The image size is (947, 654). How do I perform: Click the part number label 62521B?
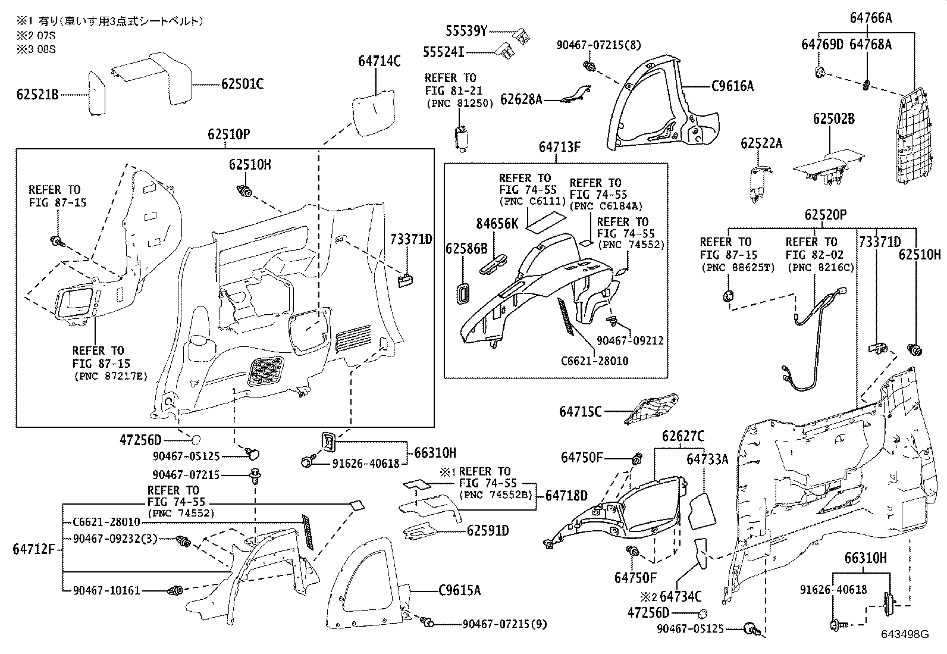coord(37,94)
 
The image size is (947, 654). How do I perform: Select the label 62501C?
coord(242,84)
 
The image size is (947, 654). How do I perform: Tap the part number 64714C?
coord(379,61)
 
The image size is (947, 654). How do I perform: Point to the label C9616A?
coord(732,86)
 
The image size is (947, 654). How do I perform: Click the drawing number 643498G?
coord(905,634)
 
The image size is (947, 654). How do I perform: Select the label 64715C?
coord(580,411)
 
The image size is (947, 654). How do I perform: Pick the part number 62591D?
coord(487,530)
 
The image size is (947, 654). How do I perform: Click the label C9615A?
coord(459,590)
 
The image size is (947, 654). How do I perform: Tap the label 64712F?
coord(33,549)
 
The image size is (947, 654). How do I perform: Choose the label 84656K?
coord(497,223)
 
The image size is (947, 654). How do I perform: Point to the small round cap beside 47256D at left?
coord(195,440)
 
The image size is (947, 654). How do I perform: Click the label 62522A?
coord(761,143)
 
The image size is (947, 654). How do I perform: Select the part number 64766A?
coord(871,18)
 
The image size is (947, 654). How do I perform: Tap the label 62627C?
coord(683,437)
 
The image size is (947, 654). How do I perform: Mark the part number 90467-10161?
coord(106,590)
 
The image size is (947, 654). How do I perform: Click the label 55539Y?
coord(467,30)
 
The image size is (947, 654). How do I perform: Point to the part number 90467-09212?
coord(630,340)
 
